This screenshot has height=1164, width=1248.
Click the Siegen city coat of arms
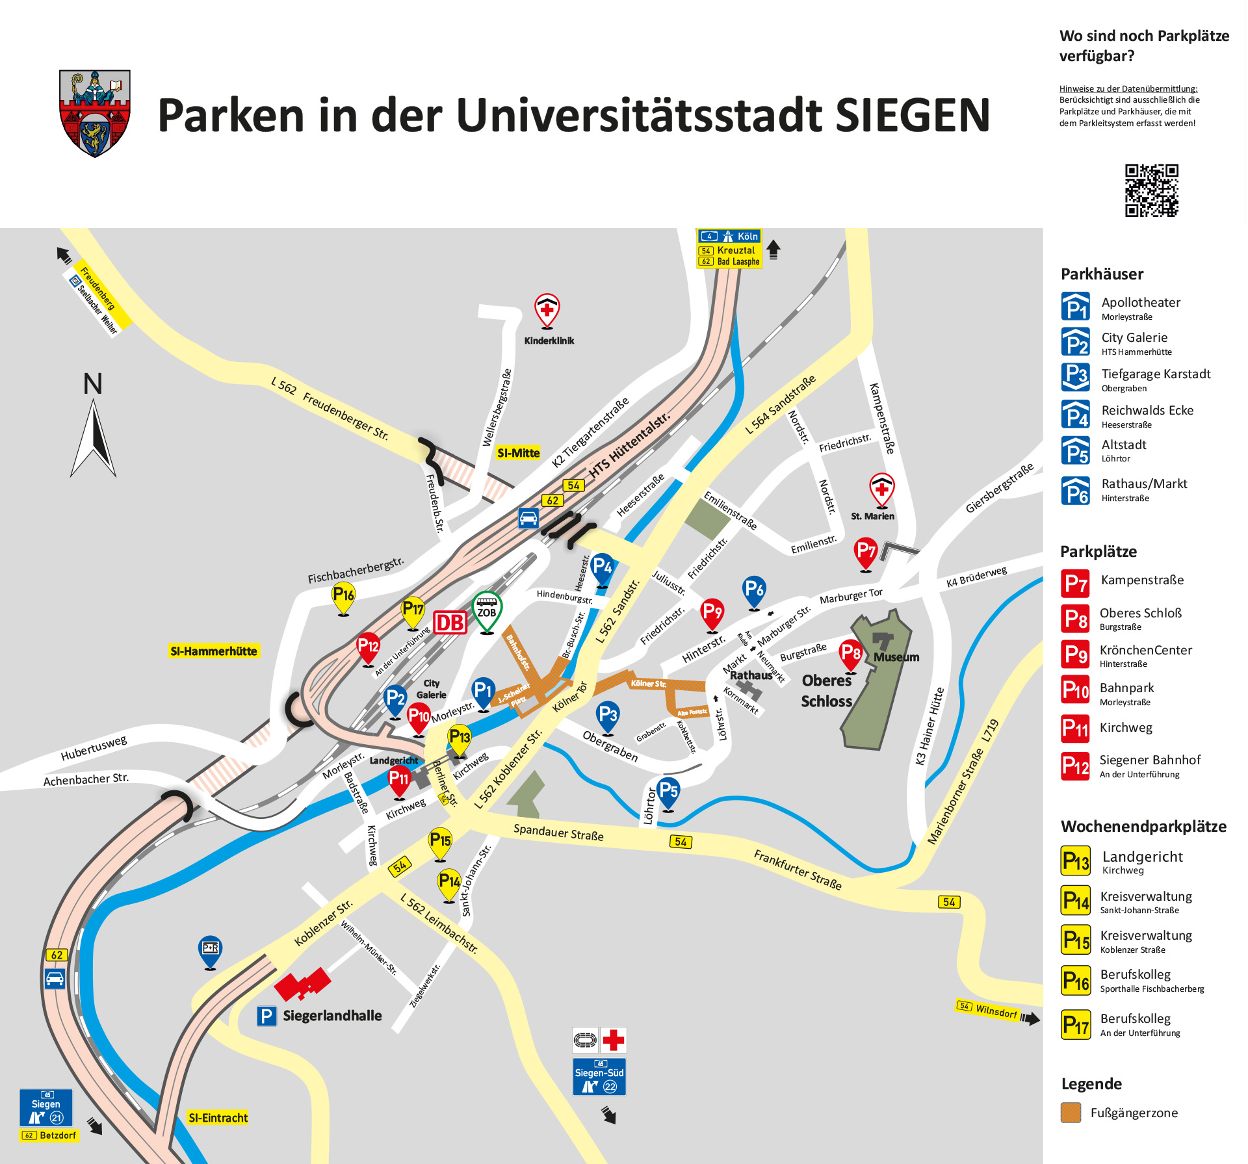click(x=95, y=114)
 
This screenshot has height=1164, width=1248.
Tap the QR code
click(x=1152, y=190)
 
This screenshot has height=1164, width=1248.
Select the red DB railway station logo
click(x=450, y=623)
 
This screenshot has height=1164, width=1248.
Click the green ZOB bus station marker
click(x=487, y=611)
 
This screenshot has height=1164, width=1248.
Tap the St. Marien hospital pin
click(x=881, y=488)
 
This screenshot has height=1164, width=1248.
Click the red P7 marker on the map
click(x=866, y=552)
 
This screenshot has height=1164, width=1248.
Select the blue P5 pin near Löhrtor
click(x=668, y=792)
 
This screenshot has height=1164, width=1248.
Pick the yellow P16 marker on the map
click(x=343, y=595)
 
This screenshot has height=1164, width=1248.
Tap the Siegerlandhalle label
click(x=332, y=1016)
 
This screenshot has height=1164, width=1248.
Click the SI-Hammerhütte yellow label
click(x=214, y=651)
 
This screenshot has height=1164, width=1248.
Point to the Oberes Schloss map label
click(x=826, y=691)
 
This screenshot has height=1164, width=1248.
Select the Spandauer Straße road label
click(x=558, y=833)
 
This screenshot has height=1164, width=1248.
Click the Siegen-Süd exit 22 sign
click(x=599, y=1078)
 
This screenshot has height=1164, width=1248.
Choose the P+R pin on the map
click(x=210, y=950)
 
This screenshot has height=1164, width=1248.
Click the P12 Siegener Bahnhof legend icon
click(x=1075, y=766)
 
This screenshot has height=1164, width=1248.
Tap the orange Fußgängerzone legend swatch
click(x=1071, y=1113)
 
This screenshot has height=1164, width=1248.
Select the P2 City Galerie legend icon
click(x=1075, y=342)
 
